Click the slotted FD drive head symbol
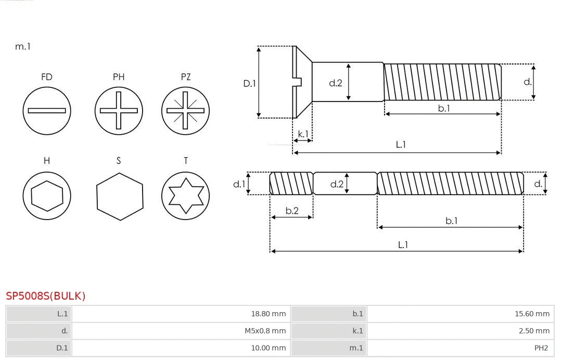(47, 110)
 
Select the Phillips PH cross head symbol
(119, 110)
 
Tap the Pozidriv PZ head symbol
(185, 110)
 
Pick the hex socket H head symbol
(47, 196)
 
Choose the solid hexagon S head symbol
(119, 196)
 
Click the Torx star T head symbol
(185, 196)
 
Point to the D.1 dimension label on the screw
(250, 83)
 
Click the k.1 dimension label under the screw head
(302, 134)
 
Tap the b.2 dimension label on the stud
(292, 211)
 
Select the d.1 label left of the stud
(238, 184)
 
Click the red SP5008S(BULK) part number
(46, 296)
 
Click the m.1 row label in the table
(356, 348)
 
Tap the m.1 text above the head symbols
(23, 46)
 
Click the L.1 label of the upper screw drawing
(401, 145)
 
